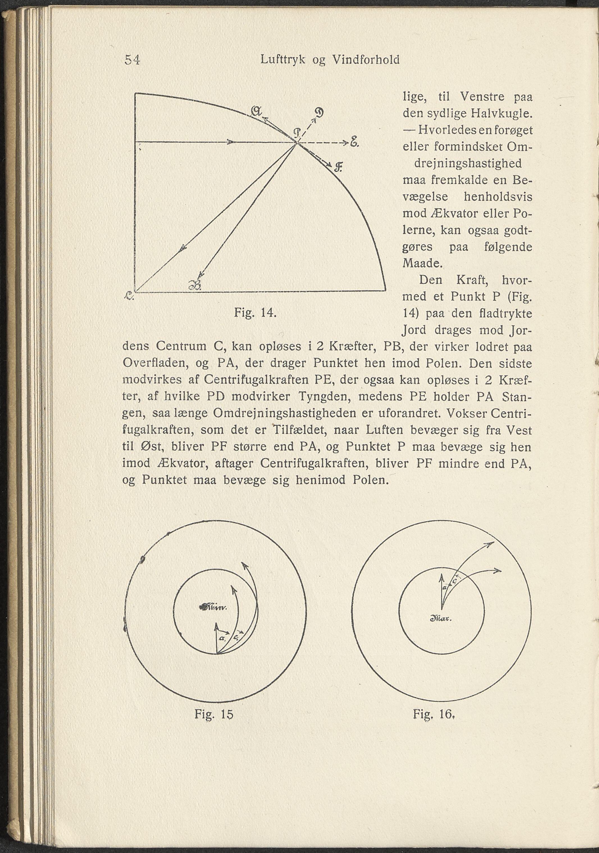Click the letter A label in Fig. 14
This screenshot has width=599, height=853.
[256, 111]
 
